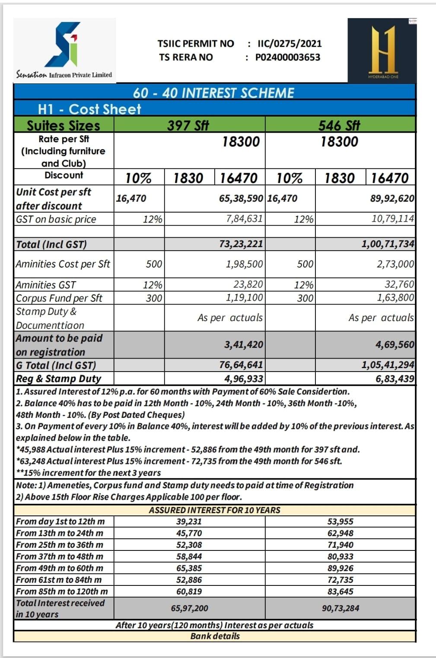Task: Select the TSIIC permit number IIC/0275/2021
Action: pyautogui.click(x=290, y=44)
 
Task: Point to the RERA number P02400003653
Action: pyautogui.click(x=288, y=57)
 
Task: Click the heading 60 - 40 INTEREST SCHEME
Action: pyautogui.click(x=213, y=93)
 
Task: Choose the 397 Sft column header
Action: pyautogui.click(x=188, y=125)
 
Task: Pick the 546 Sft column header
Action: pyautogui.click(x=339, y=125)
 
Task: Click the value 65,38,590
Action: pyautogui.click(x=241, y=198)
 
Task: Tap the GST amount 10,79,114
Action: pyautogui.click(x=393, y=219)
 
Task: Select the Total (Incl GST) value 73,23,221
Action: pyautogui.click(x=241, y=244)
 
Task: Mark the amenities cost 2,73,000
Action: pyautogui.click(x=395, y=264)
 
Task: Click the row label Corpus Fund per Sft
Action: pyautogui.click(x=59, y=298)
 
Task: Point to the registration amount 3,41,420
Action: pyautogui.click(x=244, y=345)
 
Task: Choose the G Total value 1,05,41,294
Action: pyautogui.click(x=388, y=365)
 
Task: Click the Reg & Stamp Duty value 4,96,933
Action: pyautogui.click(x=244, y=379)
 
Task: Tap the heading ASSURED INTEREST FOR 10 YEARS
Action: pyautogui.click(x=214, y=510)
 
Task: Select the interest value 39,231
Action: pyautogui.click(x=189, y=522)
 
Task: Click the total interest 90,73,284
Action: pyautogui.click(x=340, y=608)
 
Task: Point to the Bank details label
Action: pyautogui.click(x=215, y=636)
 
